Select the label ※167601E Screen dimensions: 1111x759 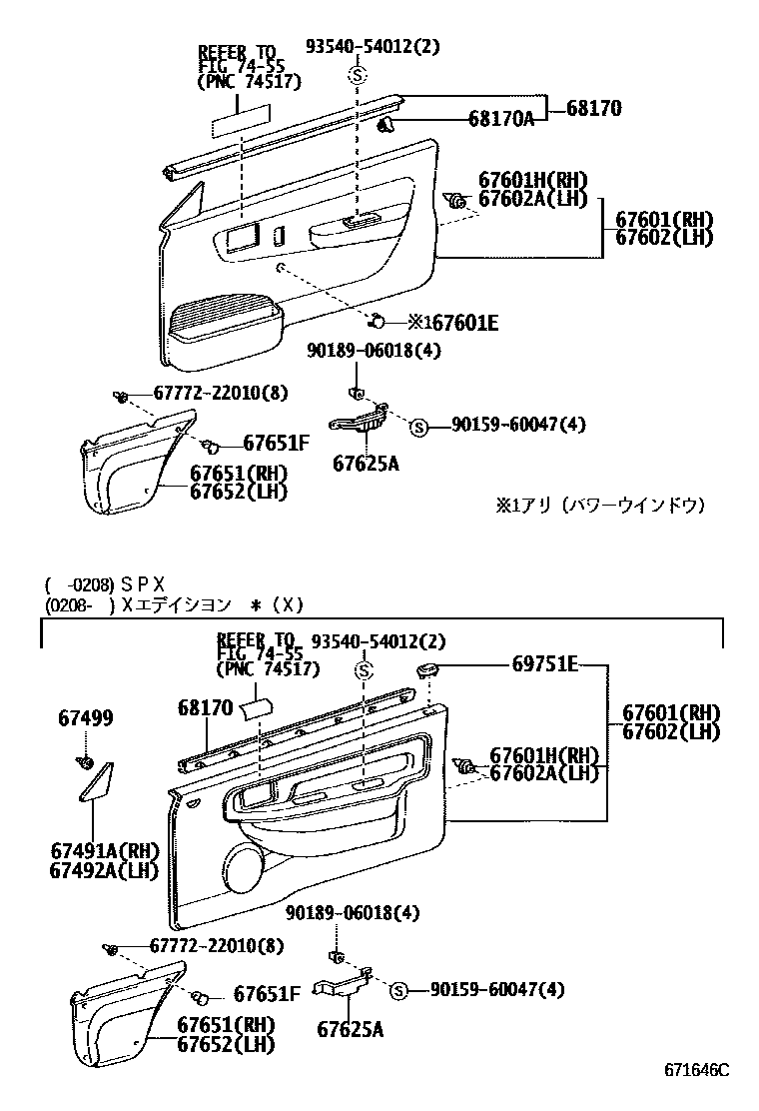(452, 322)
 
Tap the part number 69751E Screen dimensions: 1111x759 (544, 662)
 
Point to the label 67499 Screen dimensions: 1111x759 (85, 718)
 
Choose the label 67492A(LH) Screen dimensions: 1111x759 (104, 870)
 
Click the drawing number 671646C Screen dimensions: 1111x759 (698, 1070)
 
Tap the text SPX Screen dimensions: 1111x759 (143, 583)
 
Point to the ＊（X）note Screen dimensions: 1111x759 (277, 604)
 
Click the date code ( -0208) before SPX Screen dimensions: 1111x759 (78, 583)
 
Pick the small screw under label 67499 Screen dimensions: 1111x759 (85, 764)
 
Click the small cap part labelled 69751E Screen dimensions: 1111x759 (428, 668)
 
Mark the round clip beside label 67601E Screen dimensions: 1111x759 (379, 321)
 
